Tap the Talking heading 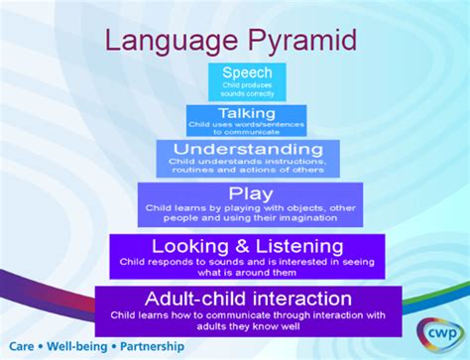click(x=247, y=112)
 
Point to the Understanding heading click(x=247, y=149)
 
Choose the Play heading click(x=248, y=193)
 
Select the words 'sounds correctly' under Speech click(x=247, y=94)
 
